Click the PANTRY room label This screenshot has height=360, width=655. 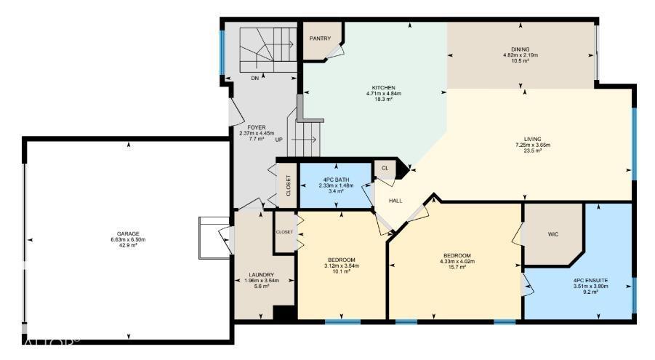[320, 39]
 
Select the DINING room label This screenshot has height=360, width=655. [521, 49]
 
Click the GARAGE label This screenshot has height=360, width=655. [128, 233]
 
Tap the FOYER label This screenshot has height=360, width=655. [256, 127]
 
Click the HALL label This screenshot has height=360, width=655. [395, 200]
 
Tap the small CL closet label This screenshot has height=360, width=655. [385, 168]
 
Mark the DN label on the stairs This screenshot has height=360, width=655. [254, 78]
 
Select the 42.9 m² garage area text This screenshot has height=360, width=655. [128, 247]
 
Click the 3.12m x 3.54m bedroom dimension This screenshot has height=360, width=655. [341, 266]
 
